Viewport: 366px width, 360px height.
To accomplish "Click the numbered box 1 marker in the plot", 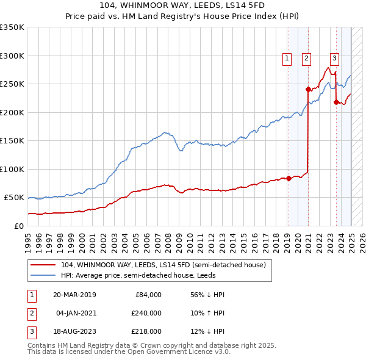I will tap(287, 59).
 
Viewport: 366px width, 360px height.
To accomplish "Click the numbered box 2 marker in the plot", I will tap(306, 59).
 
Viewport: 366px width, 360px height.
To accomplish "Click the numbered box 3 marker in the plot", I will tap(335, 59).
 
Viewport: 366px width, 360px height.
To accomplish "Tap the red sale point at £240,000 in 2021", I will tap(308, 89).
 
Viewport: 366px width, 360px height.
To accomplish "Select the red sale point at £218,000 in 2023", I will tap(336, 102).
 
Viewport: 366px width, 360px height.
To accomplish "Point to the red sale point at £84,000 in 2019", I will tap(289, 178).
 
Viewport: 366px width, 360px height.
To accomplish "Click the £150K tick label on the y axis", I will tap(12, 141).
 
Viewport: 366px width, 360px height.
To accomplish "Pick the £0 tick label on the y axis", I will tap(19, 226).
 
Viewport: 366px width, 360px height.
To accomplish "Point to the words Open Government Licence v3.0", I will tap(181, 353).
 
